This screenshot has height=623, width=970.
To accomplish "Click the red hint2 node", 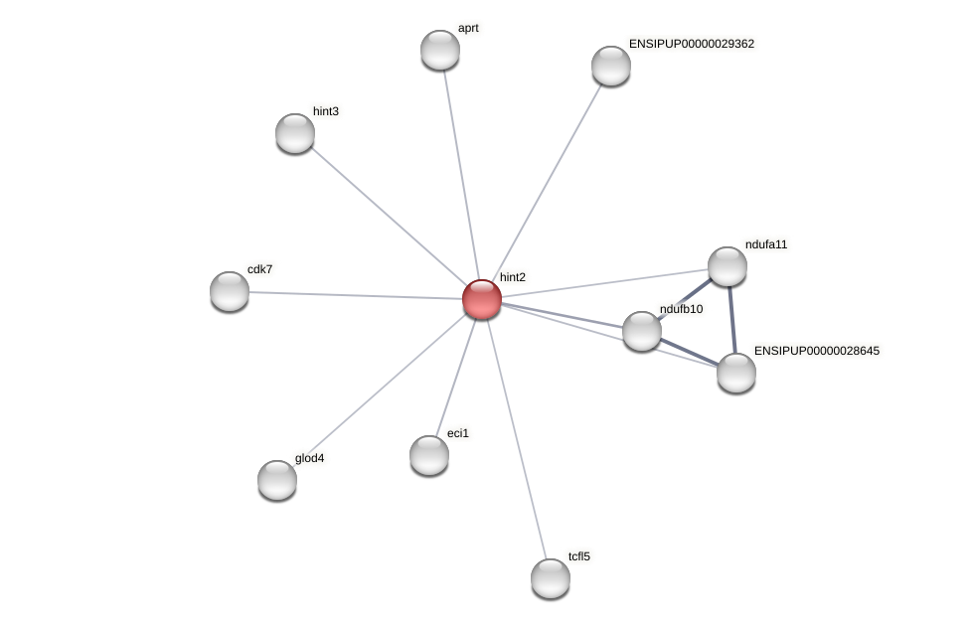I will [482, 299].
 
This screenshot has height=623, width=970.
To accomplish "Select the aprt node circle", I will [440, 50].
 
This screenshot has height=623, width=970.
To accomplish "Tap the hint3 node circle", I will [295, 133].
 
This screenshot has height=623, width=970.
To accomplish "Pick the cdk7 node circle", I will [230, 291].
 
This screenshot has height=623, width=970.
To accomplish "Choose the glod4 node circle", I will [277, 480].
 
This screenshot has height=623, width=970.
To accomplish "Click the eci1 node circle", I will [429, 455].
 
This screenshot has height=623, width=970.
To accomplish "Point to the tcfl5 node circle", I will [551, 578].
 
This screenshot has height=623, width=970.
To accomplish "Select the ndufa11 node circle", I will [727, 266].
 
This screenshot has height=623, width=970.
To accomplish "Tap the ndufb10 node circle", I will [642, 331].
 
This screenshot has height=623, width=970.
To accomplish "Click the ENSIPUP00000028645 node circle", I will [736, 373].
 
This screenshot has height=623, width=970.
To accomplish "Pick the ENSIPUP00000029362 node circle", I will [611, 66].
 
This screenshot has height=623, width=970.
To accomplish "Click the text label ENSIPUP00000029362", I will [692, 44].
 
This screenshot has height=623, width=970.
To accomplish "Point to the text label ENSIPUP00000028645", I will [817, 351].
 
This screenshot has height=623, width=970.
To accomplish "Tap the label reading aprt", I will [468, 28].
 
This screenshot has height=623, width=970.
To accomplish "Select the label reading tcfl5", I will [579, 556].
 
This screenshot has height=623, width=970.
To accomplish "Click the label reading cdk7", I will [260, 269].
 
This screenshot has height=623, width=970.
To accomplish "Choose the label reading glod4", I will [309, 458].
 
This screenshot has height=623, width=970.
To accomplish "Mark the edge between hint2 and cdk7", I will [356, 295].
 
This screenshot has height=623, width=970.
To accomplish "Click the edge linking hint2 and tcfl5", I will [516, 438].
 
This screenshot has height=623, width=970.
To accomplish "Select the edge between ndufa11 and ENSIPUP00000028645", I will [732, 320].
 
